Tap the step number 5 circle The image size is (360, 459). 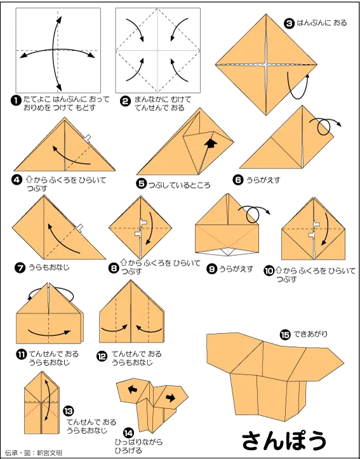141,184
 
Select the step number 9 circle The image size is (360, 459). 211,269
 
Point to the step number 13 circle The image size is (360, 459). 67,411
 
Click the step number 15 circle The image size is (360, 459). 284,334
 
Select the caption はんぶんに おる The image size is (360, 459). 322,23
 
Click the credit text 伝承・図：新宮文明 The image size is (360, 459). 34,453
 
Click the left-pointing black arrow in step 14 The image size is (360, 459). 133,389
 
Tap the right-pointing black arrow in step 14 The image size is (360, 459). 170,397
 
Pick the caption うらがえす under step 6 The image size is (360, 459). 263,180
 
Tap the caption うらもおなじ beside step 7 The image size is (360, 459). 49,267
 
